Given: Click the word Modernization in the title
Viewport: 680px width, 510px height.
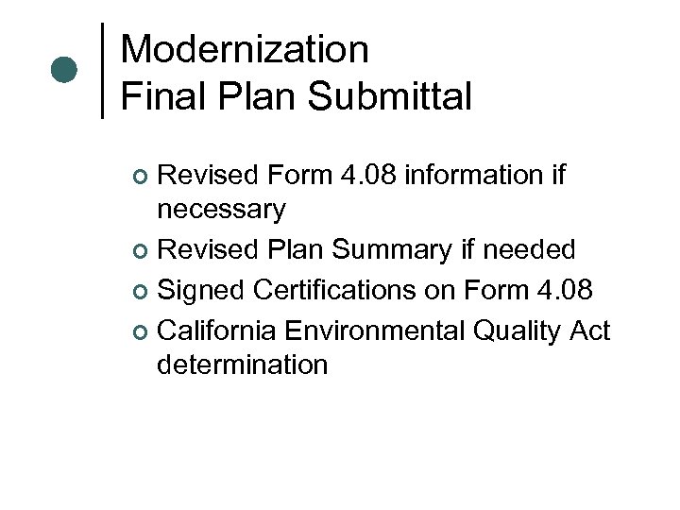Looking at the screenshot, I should coord(245,50).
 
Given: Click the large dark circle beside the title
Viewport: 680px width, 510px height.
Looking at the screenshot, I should coord(64,70).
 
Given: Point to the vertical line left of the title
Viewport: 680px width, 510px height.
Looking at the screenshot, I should coord(102,71).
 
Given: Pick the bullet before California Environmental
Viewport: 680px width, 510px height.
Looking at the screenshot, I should coord(140,332).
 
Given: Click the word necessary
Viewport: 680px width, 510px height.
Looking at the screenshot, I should coord(221,210).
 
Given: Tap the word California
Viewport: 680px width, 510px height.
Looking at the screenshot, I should coord(215,331).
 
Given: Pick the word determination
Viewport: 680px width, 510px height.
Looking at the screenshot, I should coord(242,365).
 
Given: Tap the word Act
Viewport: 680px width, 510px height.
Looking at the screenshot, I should coord(590,331).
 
